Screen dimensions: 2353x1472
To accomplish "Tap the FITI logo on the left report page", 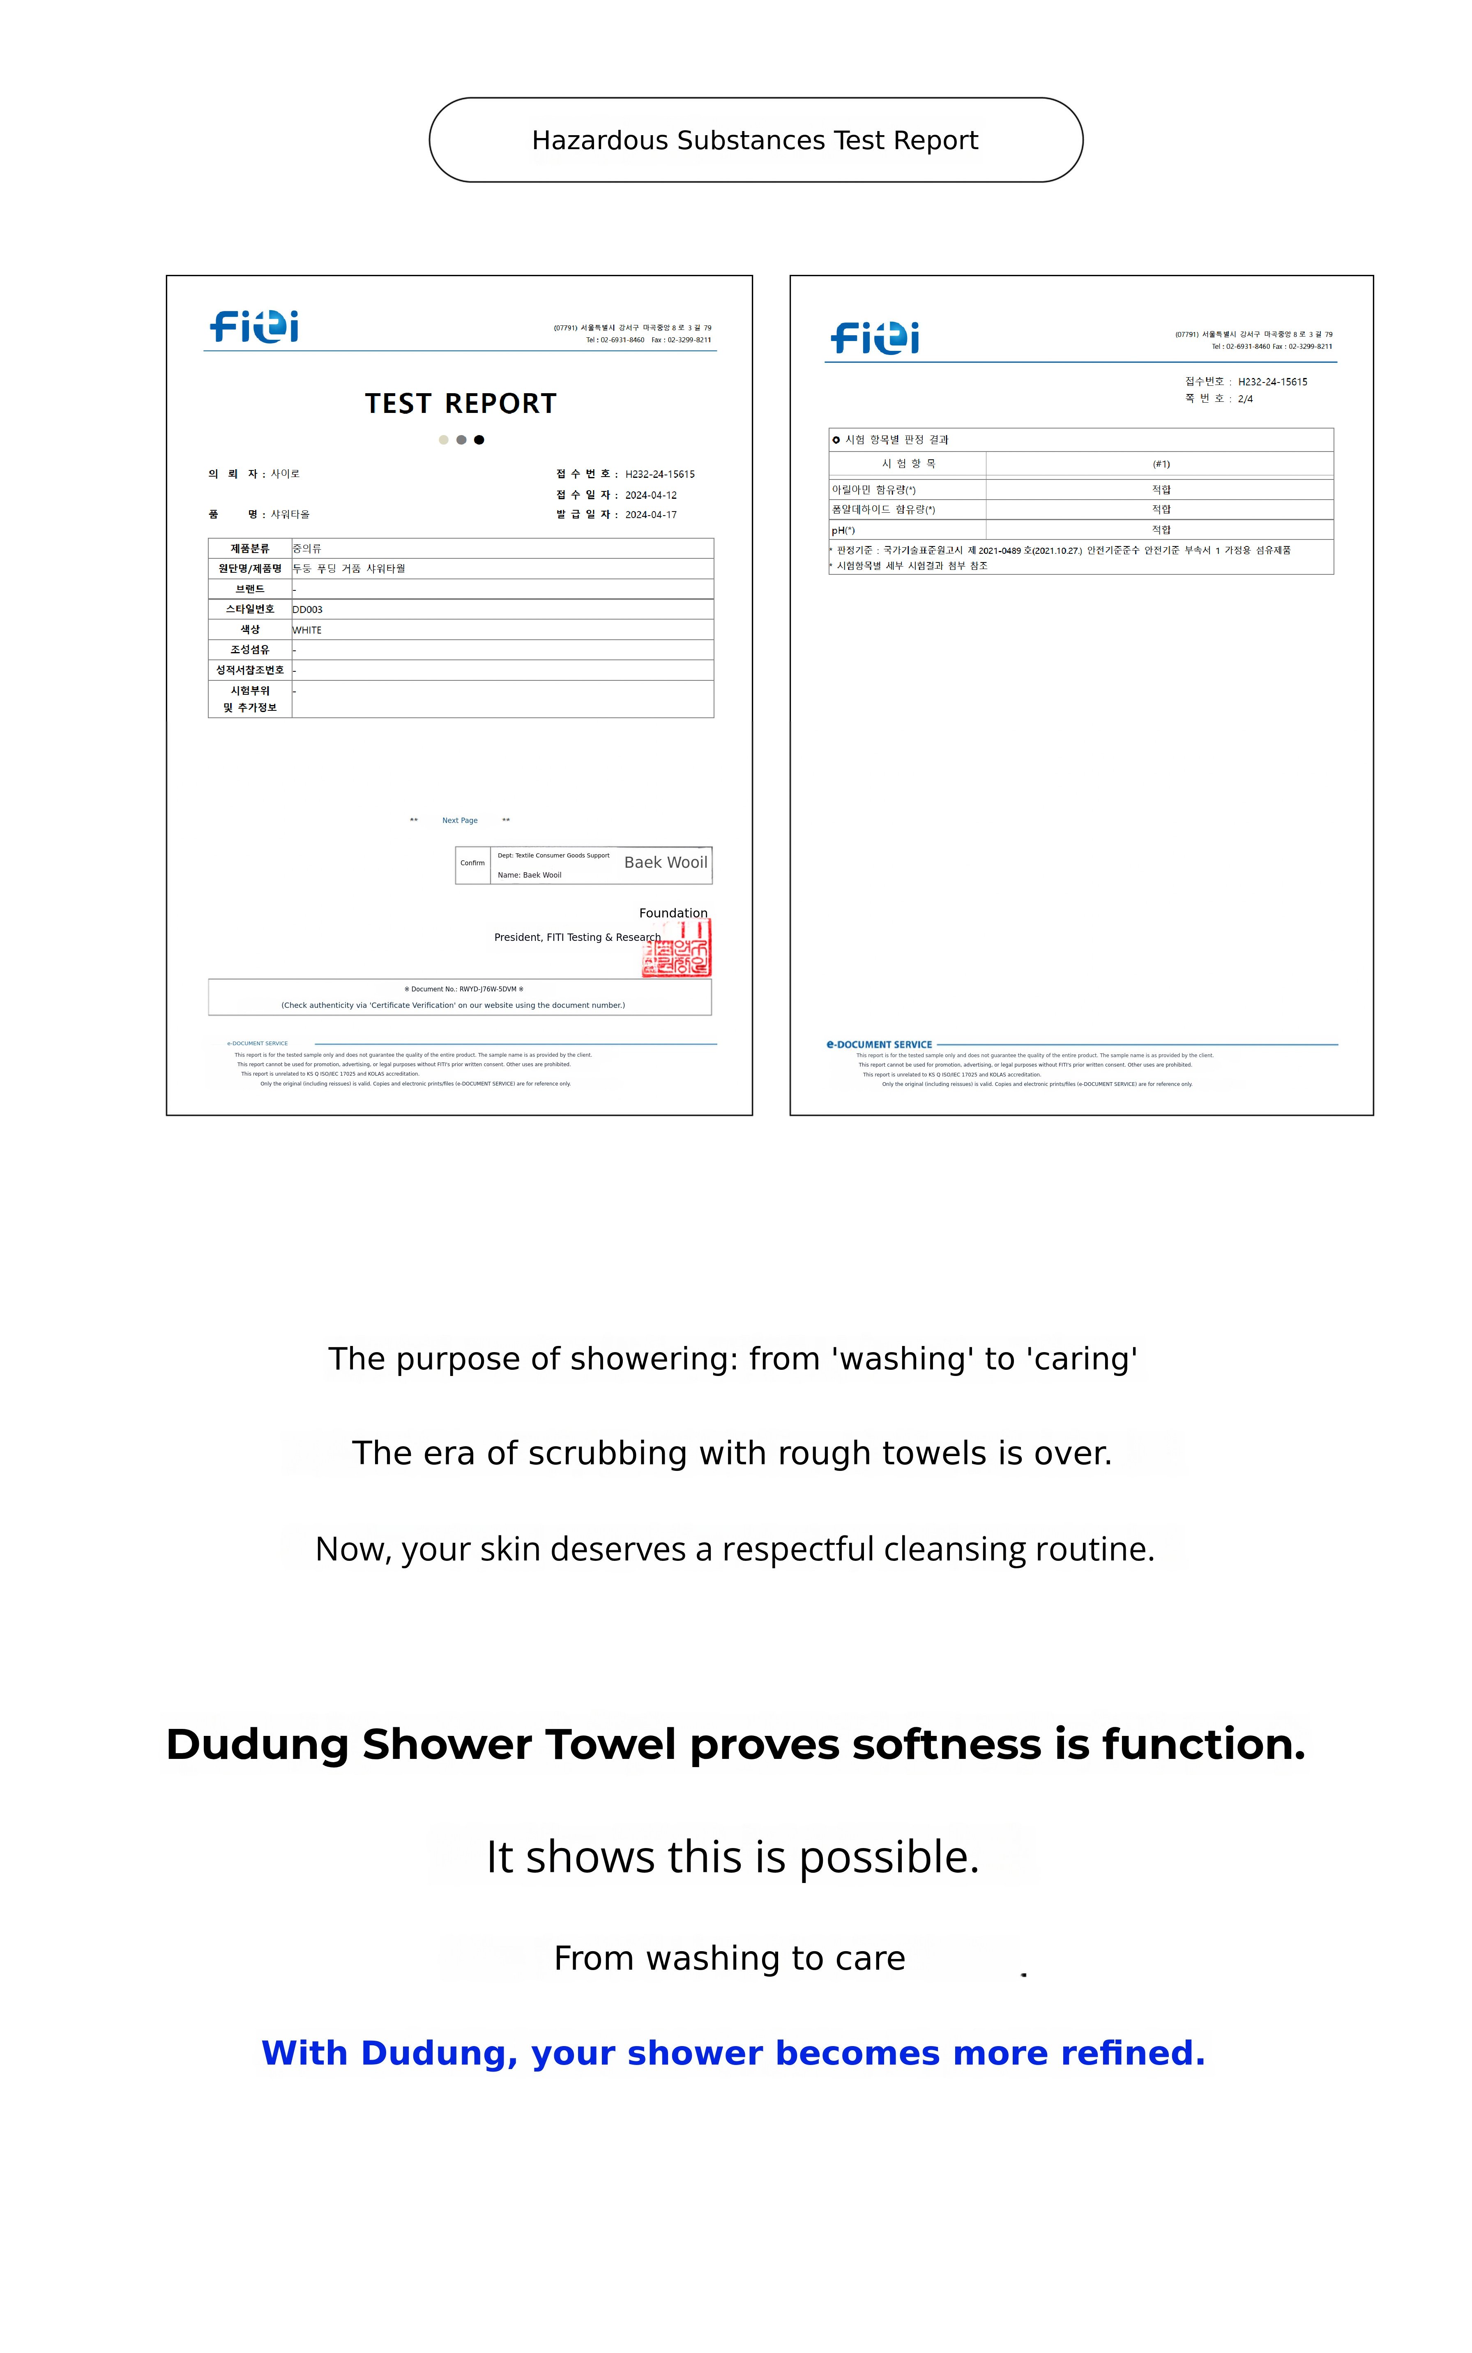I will (x=254, y=326).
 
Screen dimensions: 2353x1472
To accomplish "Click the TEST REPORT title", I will (x=461, y=403).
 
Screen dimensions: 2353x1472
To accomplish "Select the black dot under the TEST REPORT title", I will (x=479, y=440).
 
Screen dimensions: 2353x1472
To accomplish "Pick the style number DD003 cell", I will (x=308, y=609).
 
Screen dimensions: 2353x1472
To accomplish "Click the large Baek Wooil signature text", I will (x=666, y=862).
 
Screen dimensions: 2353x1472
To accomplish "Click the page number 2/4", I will (x=1245, y=399).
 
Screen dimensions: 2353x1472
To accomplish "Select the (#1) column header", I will (x=1161, y=464).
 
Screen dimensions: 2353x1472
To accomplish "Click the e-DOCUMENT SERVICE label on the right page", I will (x=879, y=1044).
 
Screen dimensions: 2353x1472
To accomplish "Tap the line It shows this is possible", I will (x=732, y=1857).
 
